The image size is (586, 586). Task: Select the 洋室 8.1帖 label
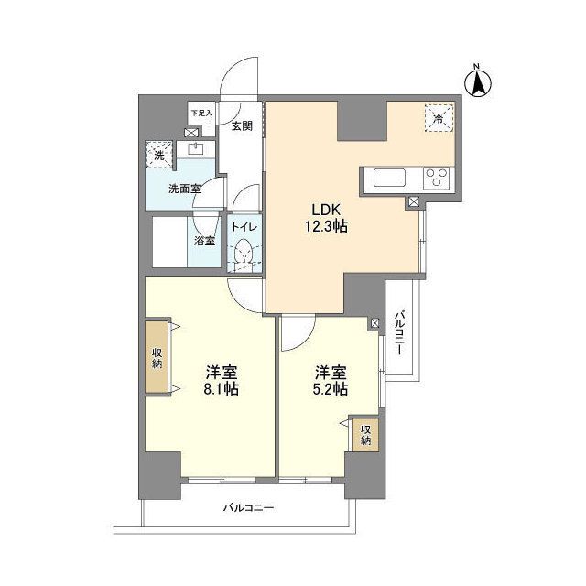[222, 380]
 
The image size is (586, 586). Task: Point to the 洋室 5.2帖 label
[331, 380]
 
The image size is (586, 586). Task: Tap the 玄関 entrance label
[242, 125]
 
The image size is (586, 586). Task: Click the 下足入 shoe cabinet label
[201, 114]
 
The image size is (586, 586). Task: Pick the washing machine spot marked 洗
[159, 155]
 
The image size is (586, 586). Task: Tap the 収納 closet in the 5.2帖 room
[365, 435]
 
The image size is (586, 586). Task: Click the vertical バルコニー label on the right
[400, 333]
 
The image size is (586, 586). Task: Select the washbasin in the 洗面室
[195, 147]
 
